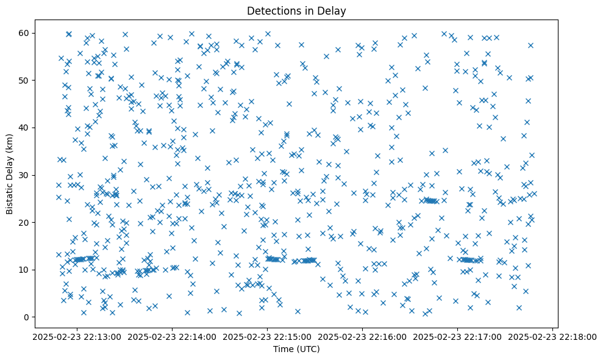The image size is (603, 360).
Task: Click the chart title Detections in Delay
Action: [296, 10]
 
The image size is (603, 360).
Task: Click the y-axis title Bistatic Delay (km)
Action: [10, 166]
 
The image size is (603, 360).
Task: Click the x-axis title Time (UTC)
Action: [296, 349]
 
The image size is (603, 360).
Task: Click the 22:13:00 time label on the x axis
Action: [77, 336]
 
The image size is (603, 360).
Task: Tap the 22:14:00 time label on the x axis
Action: [173, 336]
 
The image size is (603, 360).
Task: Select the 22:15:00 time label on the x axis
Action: [268, 336]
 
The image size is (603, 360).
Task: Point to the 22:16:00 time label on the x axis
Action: [363, 336]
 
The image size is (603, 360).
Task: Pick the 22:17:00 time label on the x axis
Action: [458, 336]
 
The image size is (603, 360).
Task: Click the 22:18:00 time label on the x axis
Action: [553, 336]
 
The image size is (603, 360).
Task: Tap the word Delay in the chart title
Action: [332, 10]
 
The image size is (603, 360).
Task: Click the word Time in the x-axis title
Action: [284, 349]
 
